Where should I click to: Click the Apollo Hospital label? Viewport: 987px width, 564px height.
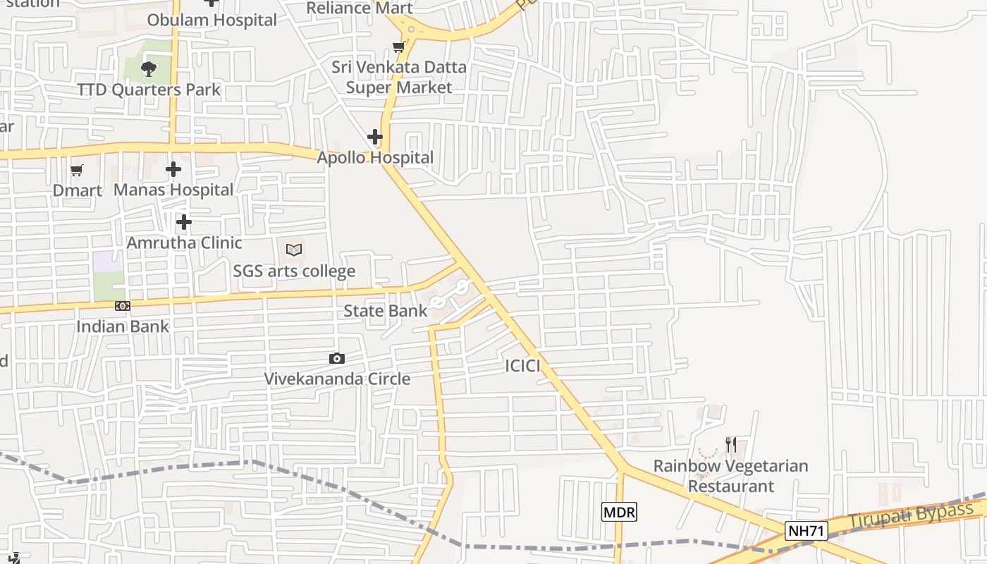(x=375, y=157)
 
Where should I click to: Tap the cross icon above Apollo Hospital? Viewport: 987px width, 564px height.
(x=375, y=136)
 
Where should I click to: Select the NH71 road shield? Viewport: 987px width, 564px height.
(x=806, y=531)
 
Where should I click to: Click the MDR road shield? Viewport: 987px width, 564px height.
(x=619, y=512)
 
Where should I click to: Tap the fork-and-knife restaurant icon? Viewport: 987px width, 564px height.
(x=731, y=445)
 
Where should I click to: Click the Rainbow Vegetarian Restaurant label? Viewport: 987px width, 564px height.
(x=730, y=476)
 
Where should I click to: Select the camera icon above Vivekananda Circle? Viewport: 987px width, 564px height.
(x=337, y=358)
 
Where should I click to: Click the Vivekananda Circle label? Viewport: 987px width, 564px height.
(x=337, y=379)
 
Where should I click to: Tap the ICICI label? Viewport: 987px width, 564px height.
(x=522, y=366)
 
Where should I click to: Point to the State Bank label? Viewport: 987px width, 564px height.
(x=385, y=310)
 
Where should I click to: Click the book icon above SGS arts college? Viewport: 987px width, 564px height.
(x=294, y=250)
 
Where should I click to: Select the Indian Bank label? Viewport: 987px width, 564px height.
(x=123, y=326)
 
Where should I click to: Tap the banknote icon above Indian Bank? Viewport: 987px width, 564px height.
(x=123, y=306)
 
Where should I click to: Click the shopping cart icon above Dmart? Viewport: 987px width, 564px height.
(x=77, y=170)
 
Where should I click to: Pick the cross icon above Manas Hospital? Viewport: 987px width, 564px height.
(x=173, y=169)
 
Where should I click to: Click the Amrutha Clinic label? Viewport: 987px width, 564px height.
(x=184, y=243)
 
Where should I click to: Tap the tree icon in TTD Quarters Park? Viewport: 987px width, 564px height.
(x=148, y=68)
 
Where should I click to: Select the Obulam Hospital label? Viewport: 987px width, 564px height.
(x=211, y=20)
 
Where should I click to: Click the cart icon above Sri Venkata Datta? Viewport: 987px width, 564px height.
(x=398, y=47)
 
